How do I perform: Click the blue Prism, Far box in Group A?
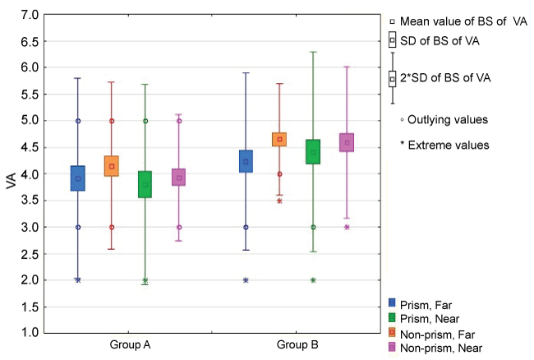pos(78,178)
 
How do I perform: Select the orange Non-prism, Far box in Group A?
pos(112,166)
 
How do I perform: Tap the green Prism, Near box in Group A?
pos(145,184)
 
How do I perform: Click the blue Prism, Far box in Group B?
pos(246,161)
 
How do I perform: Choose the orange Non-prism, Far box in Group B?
pos(279,139)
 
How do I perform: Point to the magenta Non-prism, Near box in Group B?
pos(347,142)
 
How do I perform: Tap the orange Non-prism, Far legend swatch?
pos(393,332)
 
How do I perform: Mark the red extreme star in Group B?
pos(279,201)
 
